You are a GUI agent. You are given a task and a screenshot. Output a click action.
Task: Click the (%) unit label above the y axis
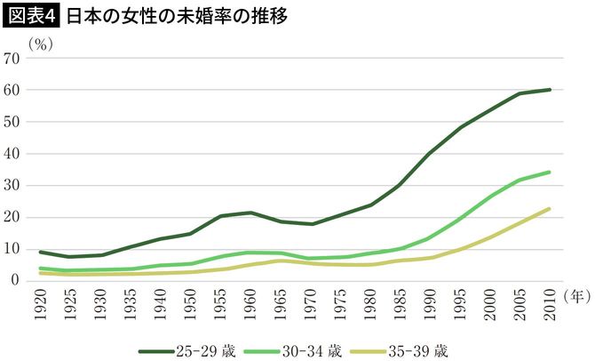(x=42, y=42)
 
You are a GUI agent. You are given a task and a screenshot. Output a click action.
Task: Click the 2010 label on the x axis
(x=551, y=303)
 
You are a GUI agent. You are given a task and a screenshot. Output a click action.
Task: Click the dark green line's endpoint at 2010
(x=551, y=90)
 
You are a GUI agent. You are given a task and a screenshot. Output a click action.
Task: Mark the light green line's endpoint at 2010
(x=551, y=172)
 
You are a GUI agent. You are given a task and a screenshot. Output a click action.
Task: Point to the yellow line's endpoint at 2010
(x=551, y=209)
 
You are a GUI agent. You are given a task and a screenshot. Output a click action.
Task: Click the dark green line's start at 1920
(x=41, y=252)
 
